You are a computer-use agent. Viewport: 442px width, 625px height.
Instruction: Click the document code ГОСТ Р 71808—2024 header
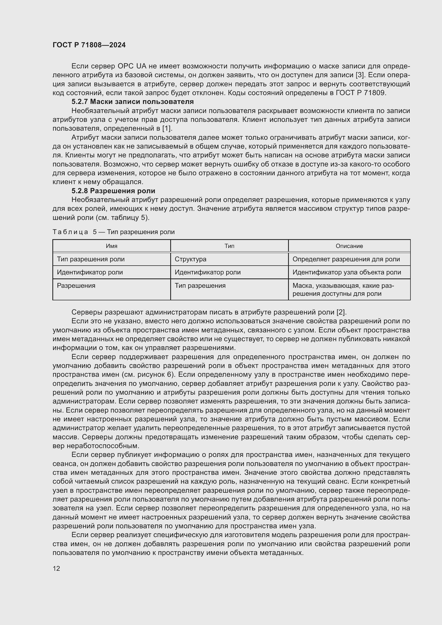[89, 45]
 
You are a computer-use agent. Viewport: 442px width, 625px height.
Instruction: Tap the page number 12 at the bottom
[56, 568]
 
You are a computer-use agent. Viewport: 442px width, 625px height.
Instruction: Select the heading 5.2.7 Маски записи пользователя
[133, 102]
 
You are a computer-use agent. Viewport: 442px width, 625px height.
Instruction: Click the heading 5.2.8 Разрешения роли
[113, 191]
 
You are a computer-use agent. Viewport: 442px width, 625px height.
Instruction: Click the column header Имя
[112, 246]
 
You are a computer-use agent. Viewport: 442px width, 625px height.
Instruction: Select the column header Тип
[229, 246]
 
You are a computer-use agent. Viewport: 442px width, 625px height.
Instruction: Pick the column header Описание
[349, 246]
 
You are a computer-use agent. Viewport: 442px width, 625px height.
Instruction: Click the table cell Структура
[191, 259]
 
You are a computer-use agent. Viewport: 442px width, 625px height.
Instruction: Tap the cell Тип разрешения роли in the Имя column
[91, 259]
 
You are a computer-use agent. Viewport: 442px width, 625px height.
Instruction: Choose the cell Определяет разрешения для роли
[346, 259]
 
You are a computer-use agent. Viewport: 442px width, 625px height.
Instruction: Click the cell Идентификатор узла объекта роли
[347, 272]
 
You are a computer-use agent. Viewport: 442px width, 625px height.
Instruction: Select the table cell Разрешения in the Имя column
[76, 286]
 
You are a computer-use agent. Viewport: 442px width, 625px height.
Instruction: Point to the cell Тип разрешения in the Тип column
[200, 286]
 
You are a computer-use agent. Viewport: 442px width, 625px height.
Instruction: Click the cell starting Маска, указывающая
[343, 290]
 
